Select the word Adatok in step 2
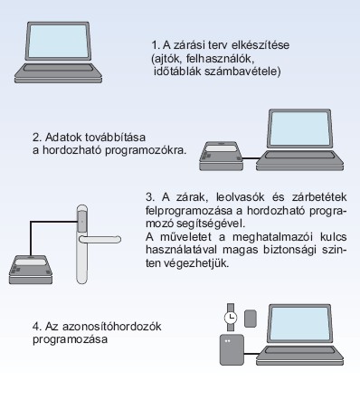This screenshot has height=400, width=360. tap(63, 138)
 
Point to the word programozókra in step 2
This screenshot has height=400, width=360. tap(146, 150)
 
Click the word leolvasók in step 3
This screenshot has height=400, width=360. tap(241, 197)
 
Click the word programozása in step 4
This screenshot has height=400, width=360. tap(70, 339)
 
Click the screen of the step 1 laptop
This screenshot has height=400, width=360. tap(59, 41)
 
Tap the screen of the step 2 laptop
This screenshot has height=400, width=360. tap(299, 129)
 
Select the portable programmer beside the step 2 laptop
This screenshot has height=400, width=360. tap(221, 156)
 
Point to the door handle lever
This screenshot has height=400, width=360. tap(99, 240)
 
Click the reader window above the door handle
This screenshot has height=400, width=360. tap(82, 222)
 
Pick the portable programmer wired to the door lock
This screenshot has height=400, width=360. tap(31, 270)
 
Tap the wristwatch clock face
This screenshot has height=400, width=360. tap(231, 318)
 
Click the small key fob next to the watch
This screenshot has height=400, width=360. tap(251, 319)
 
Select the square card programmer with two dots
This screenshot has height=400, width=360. tap(232, 349)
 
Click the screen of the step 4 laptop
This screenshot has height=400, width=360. tap(299, 324)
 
